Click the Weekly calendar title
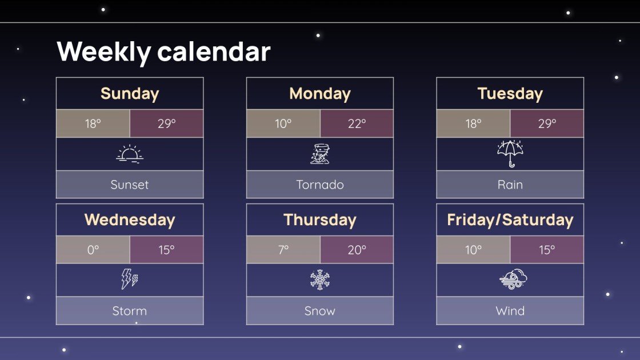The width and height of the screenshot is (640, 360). click(x=163, y=51)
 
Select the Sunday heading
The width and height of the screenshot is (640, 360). click(x=130, y=94)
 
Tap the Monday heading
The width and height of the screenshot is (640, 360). click(x=320, y=94)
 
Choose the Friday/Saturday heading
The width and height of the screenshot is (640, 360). click(x=510, y=220)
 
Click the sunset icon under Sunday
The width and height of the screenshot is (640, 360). click(x=130, y=154)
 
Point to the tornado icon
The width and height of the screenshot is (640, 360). click(x=320, y=154)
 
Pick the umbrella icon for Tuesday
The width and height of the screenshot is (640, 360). click(x=510, y=154)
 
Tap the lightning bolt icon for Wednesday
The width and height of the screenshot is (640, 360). click(x=130, y=279)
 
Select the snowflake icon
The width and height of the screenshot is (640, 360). click(x=320, y=280)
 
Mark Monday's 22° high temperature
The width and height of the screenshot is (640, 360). click(x=357, y=123)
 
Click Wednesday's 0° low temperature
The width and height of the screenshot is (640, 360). click(x=93, y=250)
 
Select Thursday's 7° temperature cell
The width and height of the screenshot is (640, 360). click(x=283, y=250)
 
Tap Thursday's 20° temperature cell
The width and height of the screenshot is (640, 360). click(x=357, y=250)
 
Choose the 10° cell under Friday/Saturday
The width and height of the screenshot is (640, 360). click(x=473, y=250)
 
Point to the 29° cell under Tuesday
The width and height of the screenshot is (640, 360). click(x=547, y=123)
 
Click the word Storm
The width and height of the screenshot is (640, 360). click(x=130, y=311)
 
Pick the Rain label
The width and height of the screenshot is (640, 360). click(x=510, y=185)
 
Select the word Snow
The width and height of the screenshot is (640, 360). click(x=320, y=311)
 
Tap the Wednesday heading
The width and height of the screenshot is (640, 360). click(x=130, y=220)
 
